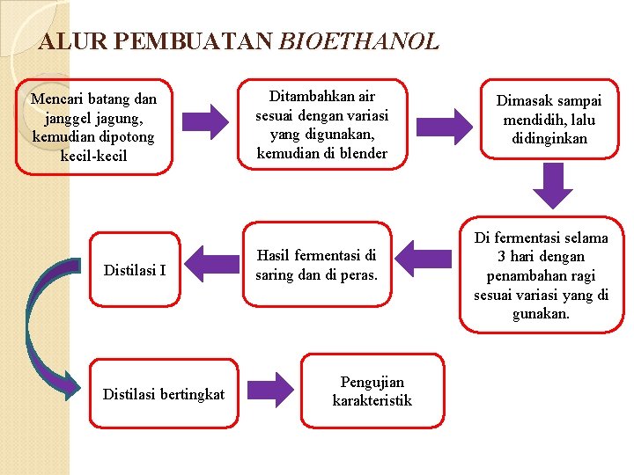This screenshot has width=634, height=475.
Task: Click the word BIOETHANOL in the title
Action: click(x=358, y=41)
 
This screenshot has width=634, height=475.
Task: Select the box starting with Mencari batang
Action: click(x=93, y=127)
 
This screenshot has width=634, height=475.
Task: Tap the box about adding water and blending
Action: click(x=321, y=124)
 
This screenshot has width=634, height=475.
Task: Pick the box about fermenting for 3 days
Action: click(x=541, y=274)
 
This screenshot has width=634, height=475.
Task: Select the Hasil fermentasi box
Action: click(x=316, y=265)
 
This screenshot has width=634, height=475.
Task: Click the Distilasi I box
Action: click(x=135, y=269)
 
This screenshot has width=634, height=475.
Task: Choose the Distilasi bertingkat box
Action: click(x=164, y=394)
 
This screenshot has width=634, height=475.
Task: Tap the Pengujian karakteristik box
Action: click(x=372, y=391)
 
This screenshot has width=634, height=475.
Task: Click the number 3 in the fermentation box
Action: click(x=502, y=257)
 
